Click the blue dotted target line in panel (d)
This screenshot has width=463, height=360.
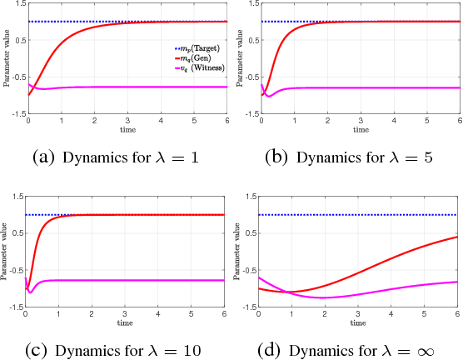(359, 215)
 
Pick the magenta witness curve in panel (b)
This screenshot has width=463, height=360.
(359, 87)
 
